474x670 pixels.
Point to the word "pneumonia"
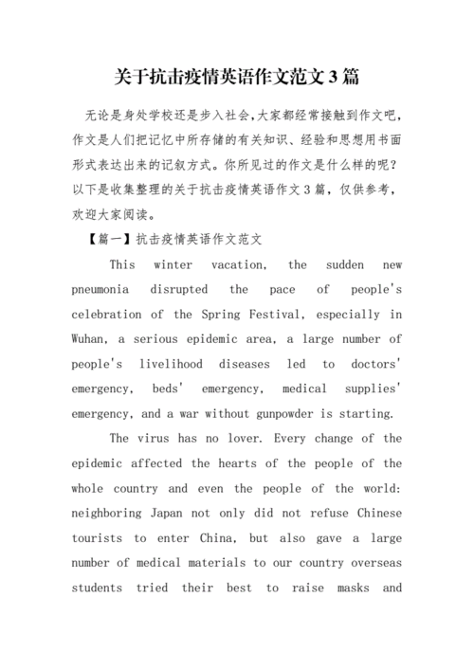click(x=107, y=289)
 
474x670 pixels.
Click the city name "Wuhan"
click(x=91, y=338)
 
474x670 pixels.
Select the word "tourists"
click(x=99, y=537)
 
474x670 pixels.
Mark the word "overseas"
click(x=373, y=562)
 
